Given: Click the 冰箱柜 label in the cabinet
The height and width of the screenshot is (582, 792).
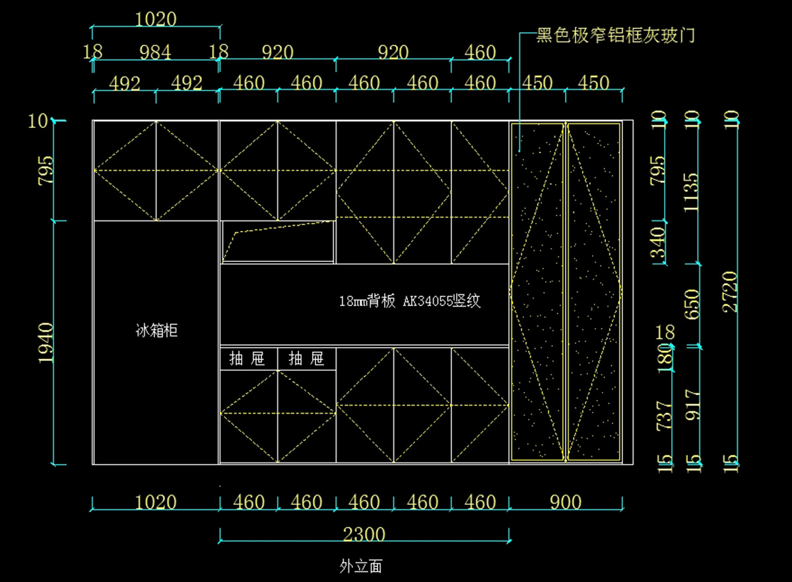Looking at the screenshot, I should pos(156,331).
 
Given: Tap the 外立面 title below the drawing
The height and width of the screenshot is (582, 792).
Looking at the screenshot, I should pos(360,566).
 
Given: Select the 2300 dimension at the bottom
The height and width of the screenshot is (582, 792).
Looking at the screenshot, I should pos(364,534).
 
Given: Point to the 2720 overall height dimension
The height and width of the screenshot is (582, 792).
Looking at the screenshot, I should pos(731,292).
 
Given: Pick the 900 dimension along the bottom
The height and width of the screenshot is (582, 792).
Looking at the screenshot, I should pos(565,503).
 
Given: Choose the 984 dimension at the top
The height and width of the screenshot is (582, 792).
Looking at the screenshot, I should pos(155,52).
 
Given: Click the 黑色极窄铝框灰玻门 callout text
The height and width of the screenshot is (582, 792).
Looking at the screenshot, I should pos(615,35).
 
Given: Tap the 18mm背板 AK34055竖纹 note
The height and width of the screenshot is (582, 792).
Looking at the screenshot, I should pos(409,302).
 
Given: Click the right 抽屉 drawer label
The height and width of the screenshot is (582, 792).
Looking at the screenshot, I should pos(306,359).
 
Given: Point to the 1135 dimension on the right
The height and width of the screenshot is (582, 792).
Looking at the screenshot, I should pos(692,193).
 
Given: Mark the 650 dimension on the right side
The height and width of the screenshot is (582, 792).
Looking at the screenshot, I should pos(692,305).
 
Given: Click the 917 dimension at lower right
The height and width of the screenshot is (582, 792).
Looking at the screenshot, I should pos(692,405).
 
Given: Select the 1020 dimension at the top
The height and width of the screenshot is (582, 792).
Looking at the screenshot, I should pos(156,20).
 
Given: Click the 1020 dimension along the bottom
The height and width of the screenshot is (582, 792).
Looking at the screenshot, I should pos(156,503).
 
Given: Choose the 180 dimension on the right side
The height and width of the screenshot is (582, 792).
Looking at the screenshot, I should pos(665,356).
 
